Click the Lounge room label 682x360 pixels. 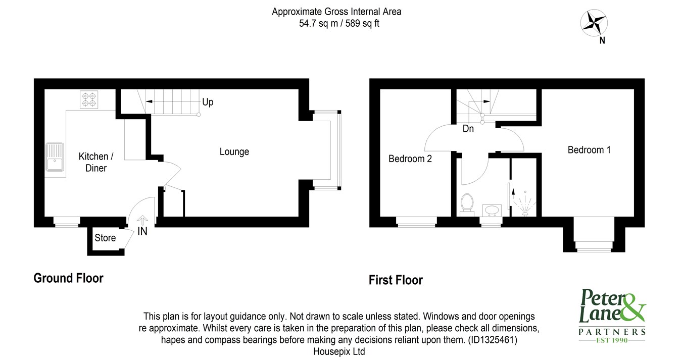pos(234,151)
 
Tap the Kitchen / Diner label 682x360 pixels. pos(96,162)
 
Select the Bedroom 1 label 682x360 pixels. pos(589,150)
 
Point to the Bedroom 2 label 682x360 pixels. pos(410,159)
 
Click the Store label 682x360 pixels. pos(105,238)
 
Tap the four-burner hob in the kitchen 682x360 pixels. pos(89,99)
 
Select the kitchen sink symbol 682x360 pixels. pos(55,157)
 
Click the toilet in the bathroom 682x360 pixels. pos(467,204)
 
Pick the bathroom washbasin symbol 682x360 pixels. pos(492,210)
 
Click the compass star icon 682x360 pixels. pos(594,23)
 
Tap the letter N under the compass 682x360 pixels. pos(602,40)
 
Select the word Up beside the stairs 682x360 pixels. pos(208,102)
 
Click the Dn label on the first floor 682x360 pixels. pos(468,129)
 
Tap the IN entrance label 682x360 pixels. pos(142,231)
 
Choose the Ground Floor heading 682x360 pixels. pos(69,278)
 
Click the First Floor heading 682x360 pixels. pos(396,280)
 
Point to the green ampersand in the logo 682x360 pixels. pos(632,307)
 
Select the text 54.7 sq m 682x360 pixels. pos(318,23)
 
